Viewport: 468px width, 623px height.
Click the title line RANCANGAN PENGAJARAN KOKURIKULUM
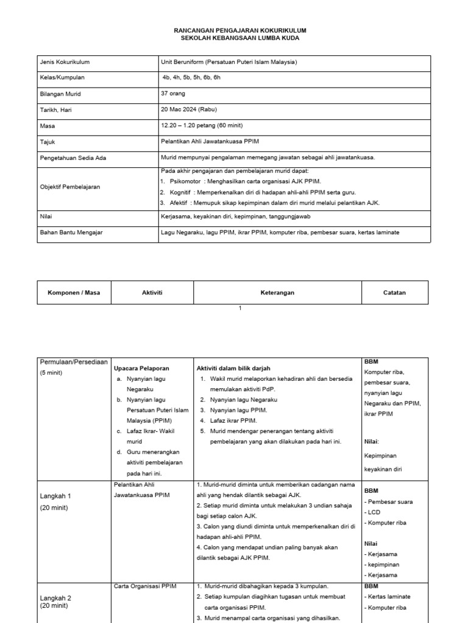tap(239, 30)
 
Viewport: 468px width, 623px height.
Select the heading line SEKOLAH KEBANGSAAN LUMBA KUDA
tap(240, 38)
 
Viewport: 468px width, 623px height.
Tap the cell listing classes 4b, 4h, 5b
tap(191, 78)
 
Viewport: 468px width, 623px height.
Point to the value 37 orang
tap(173, 94)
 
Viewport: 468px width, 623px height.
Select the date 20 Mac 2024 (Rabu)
tap(189, 110)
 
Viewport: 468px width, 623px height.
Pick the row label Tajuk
tap(48, 141)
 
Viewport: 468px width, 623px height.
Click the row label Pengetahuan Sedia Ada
tap(73, 157)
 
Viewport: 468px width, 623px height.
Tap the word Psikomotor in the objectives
tap(185, 182)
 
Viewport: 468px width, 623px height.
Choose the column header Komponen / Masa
tap(74, 293)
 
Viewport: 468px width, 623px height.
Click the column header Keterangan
tap(277, 293)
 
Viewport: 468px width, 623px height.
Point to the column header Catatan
tap(395, 293)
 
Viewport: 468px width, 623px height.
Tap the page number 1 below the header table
tap(240, 308)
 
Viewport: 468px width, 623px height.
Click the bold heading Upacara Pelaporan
tap(141, 369)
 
